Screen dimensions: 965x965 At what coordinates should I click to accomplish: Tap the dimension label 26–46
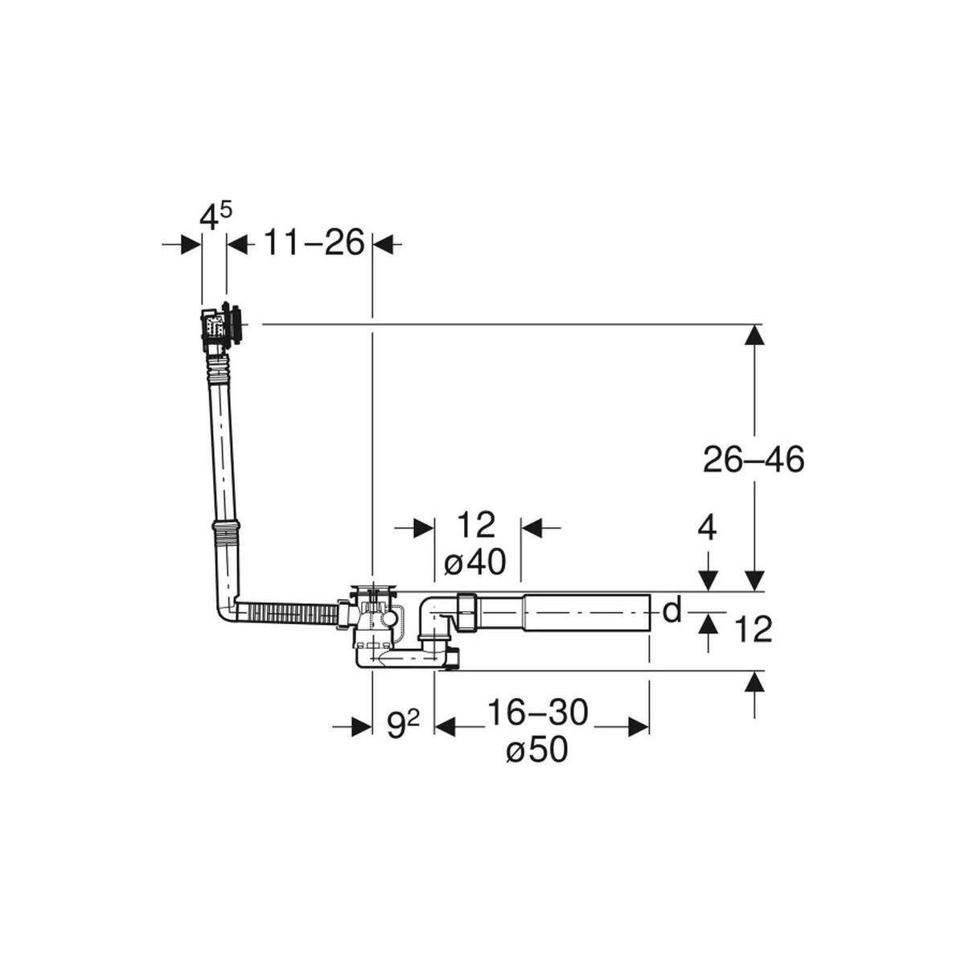tap(754, 459)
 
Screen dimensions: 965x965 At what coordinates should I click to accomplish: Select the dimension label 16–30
tap(538, 712)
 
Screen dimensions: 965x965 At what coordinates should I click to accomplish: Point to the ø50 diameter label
tap(537, 750)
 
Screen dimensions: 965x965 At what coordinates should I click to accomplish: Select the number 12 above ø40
tap(475, 524)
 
